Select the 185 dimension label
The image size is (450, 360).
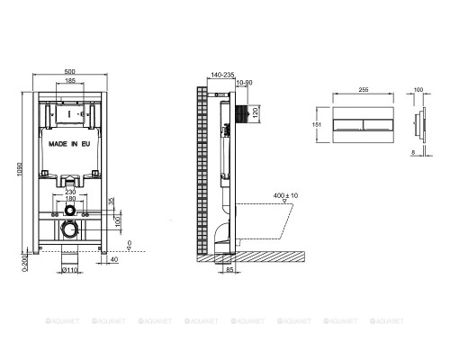coord(69,81)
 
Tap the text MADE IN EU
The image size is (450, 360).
coord(68,142)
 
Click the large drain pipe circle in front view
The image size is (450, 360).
coord(68,230)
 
